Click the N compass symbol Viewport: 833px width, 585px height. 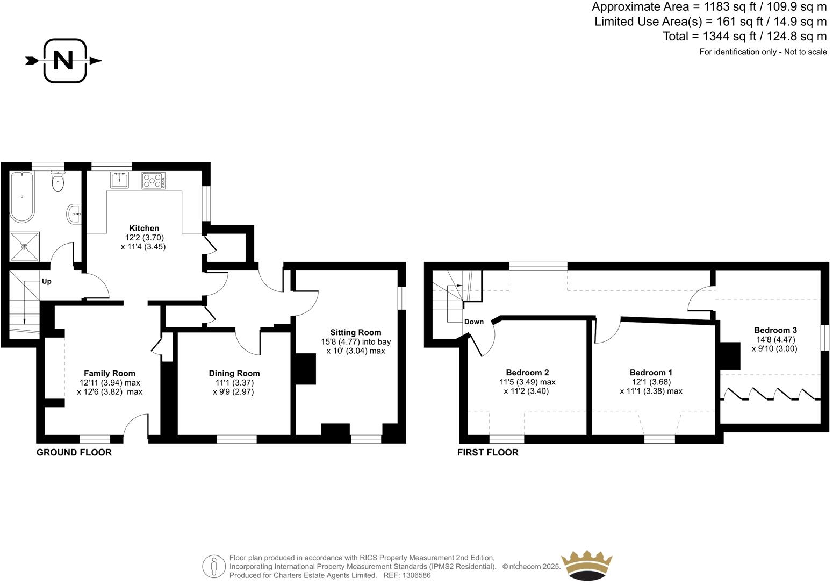click(x=64, y=61)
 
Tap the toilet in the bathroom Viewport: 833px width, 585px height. click(x=58, y=182)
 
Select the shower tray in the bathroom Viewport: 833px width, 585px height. click(x=24, y=247)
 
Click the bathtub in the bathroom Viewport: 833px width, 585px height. click(x=21, y=196)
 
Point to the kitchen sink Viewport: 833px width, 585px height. click(x=119, y=180)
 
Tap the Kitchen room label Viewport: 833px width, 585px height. click(x=144, y=229)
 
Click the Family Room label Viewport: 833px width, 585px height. click(x=110, y=373)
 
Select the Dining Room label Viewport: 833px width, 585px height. click(x=234, y=373)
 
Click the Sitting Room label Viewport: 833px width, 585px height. click(x=355, y=332)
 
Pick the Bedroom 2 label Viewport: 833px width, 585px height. click(x=527, y=372)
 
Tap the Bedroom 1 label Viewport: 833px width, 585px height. click(x=651, y=372)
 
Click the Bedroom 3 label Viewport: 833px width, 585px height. click(x=775, y=330)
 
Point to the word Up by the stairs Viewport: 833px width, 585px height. click(x=47, y=281)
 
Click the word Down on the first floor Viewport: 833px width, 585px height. click(x=473, y=322)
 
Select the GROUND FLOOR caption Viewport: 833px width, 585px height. click(x=74, y=452)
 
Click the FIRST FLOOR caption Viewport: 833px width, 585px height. click(x=487, y=452)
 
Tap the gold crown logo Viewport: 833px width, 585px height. click(x=586, y=565)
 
